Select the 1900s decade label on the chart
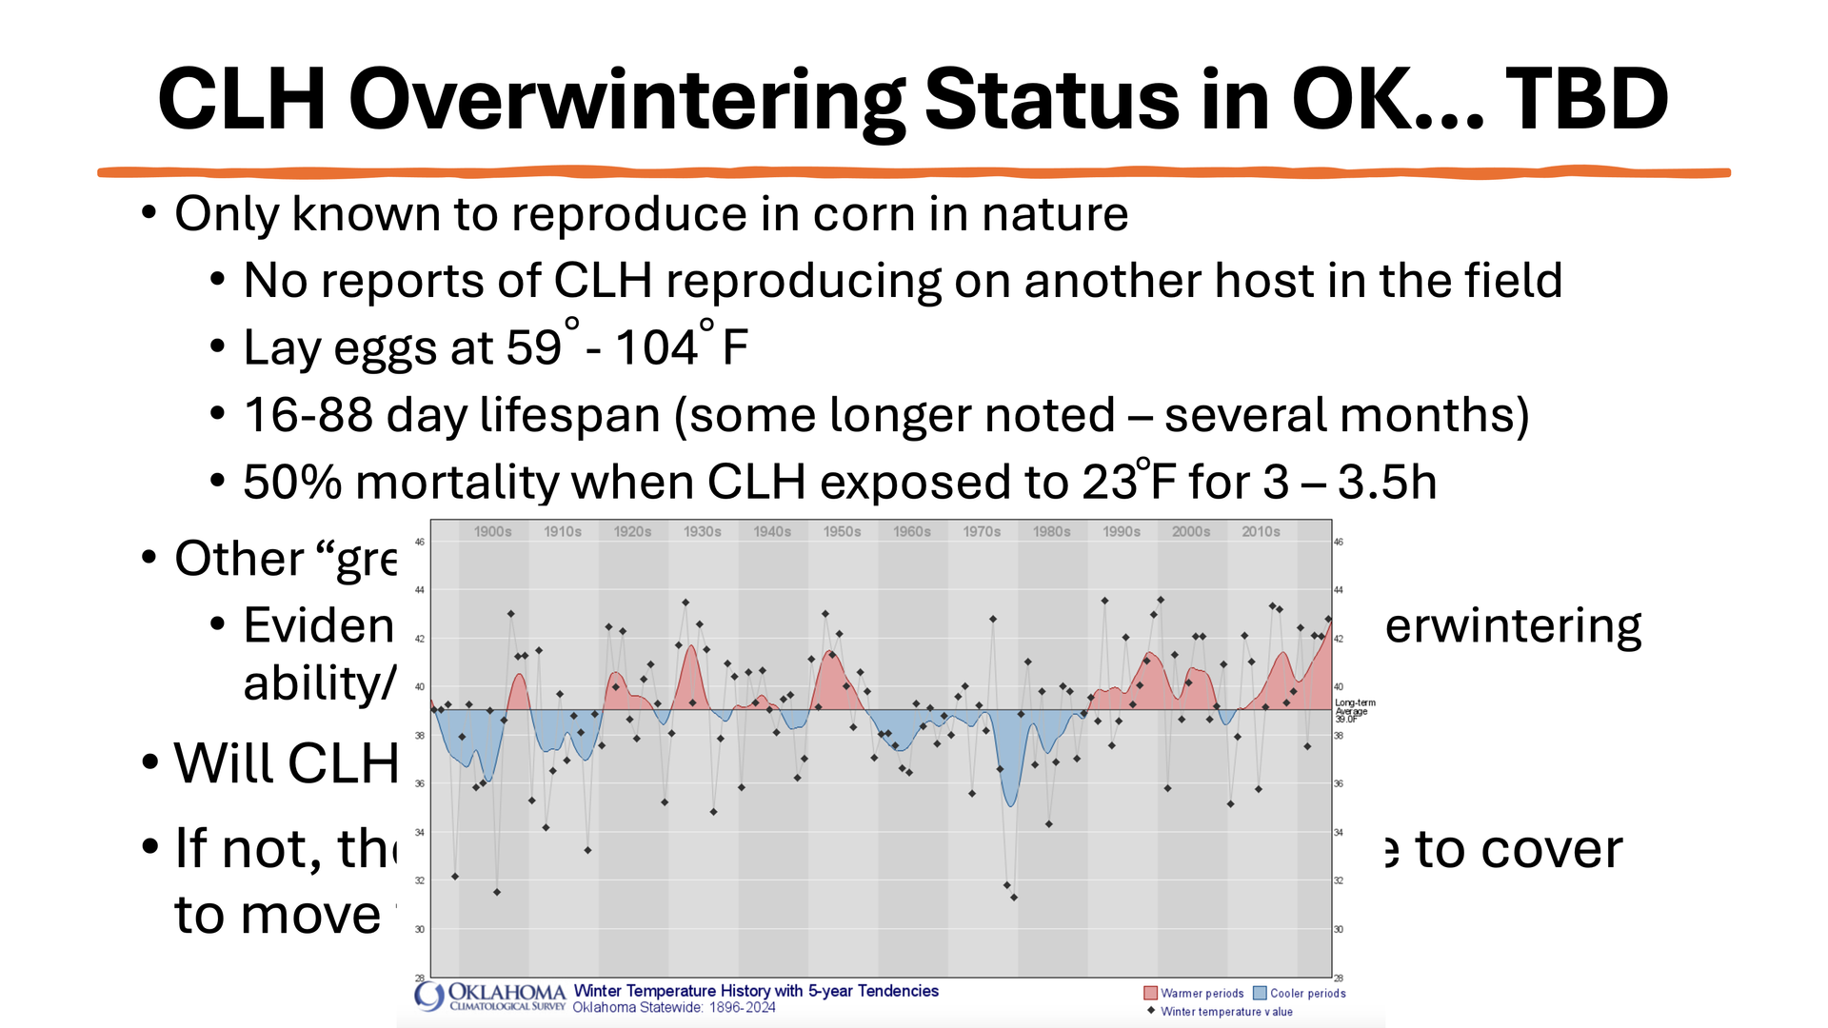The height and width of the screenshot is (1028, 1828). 492,532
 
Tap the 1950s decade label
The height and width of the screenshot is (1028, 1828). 842,532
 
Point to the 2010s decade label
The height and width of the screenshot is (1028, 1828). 1261,532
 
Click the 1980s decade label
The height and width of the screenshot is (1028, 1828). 1051,532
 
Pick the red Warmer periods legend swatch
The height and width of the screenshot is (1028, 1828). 1150,994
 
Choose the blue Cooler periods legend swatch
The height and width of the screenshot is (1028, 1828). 1260,994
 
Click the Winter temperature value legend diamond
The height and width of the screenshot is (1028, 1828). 1151,1011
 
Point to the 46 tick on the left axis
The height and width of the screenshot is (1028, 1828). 420,543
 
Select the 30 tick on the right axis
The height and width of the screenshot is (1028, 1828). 1339,930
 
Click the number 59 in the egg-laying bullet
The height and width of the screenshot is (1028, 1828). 534,348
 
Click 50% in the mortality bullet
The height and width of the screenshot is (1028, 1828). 292,483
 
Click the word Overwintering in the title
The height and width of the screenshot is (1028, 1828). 626,102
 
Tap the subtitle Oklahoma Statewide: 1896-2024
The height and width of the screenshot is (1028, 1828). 674,1008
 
